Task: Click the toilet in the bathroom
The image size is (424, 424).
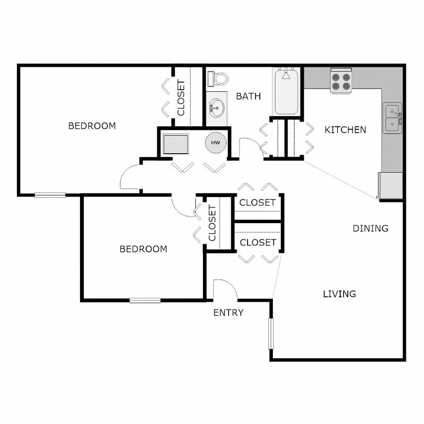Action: (x=218, y=79)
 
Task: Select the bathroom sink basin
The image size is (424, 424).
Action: (x=216, y=109)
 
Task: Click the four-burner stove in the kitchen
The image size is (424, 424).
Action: (x=341, y=81)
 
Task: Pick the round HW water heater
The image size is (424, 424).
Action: (x=216, y=143)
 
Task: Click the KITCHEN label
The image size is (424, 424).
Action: (x=345, y=130)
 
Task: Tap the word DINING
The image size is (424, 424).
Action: (x=370, y=228)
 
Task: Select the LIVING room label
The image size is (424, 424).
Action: (x=339, y=294)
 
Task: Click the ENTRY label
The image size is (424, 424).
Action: (x=228, y=313)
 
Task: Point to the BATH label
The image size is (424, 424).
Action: (x=248, y=96)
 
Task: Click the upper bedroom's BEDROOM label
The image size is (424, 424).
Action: (x=92, y=126)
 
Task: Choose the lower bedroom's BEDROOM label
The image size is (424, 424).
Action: (x=143, y=249)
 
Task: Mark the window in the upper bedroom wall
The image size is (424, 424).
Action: (x=50, y=195)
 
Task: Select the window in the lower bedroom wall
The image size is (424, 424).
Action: (x=145, y=301)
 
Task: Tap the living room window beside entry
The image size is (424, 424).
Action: (x=270, y=333)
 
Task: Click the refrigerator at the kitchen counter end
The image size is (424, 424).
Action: (x=391, y=185)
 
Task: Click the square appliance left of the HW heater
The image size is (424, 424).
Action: (x=176, y=144)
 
